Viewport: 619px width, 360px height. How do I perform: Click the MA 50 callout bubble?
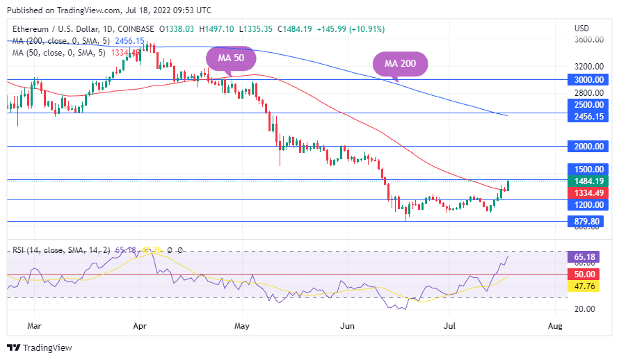click(230, 58)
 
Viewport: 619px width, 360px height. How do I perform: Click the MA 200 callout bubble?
click(401, 63)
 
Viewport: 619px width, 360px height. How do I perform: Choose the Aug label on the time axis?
click(555, 325)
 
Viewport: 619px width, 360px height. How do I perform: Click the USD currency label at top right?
click(581, 28)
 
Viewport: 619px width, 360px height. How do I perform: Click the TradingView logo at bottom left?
click(40, 347)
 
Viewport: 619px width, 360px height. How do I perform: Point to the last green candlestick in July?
click(508, 185)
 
